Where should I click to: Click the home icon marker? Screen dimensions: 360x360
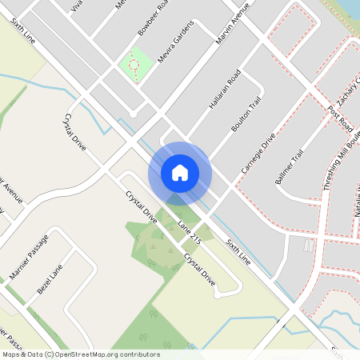pos(180,172)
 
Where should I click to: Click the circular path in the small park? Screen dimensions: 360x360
pos(135,65)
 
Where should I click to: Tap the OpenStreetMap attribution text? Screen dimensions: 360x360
pos(81,354)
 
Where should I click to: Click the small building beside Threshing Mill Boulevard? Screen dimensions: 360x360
pos(310,250)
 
